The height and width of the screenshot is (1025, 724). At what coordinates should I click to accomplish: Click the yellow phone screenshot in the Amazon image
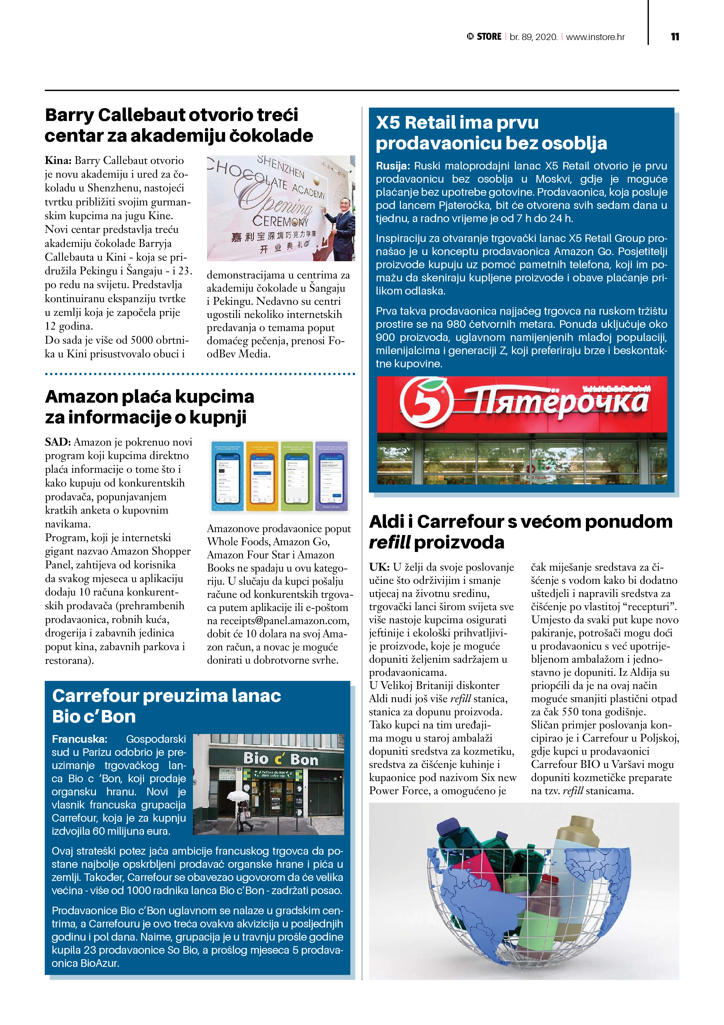pyautogui.click(x=263, y=477)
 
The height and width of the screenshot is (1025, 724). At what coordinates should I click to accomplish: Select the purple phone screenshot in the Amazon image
pyautogui.click(x=331, y=477)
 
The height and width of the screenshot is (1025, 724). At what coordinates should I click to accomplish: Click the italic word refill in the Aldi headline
pyautogui.click(x=389, y=542)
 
